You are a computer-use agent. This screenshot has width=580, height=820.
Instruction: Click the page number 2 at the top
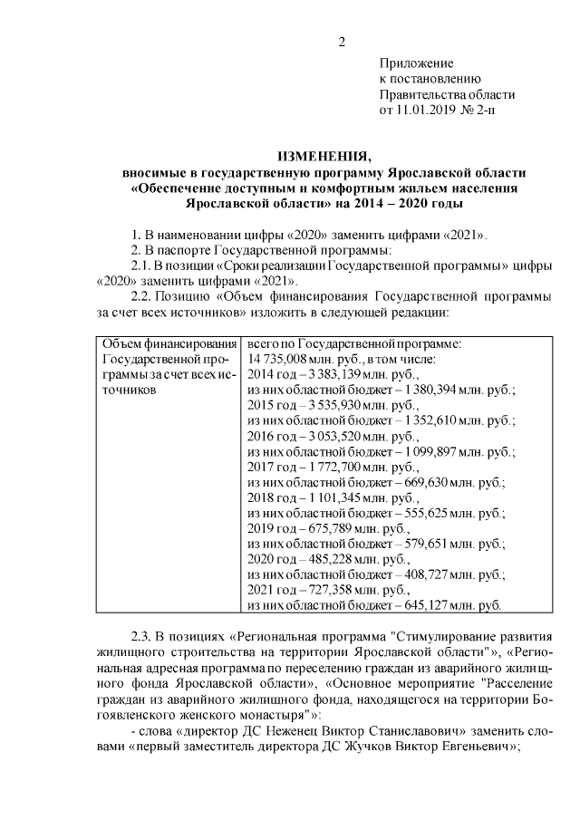coord(342,41)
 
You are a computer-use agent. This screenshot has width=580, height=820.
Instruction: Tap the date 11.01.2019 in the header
coord(426,110)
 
